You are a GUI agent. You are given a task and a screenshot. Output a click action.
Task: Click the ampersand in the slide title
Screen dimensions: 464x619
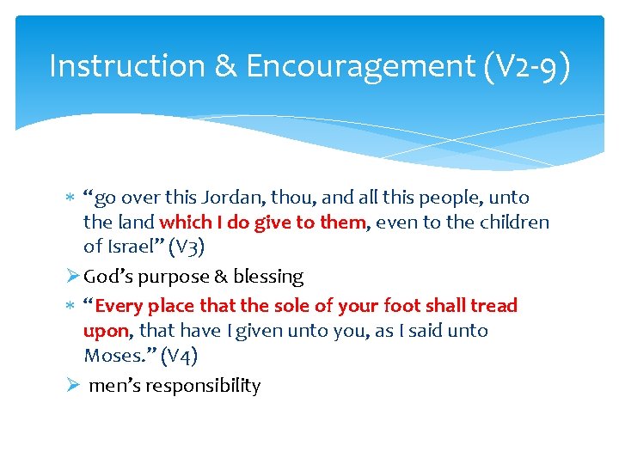pyautogui.click(x=225, y=66)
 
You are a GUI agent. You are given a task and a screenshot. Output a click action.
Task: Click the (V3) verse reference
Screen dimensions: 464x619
pyautogui.click(x=187, y=247)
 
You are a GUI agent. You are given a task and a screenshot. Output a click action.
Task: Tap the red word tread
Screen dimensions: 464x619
pyautogui.click(x=493, y=306)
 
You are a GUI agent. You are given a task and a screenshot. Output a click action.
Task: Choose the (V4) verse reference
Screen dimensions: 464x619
pyautogui.click(x=181, y=356)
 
